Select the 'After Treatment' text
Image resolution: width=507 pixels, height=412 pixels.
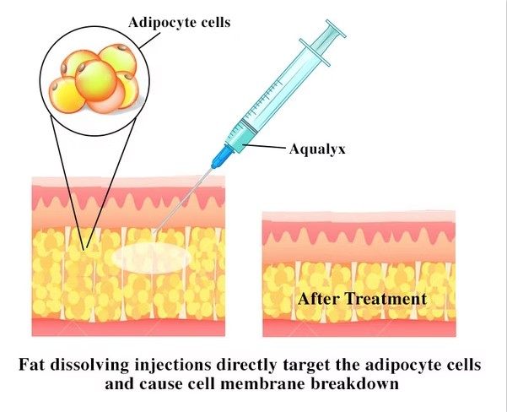(361, 299)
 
